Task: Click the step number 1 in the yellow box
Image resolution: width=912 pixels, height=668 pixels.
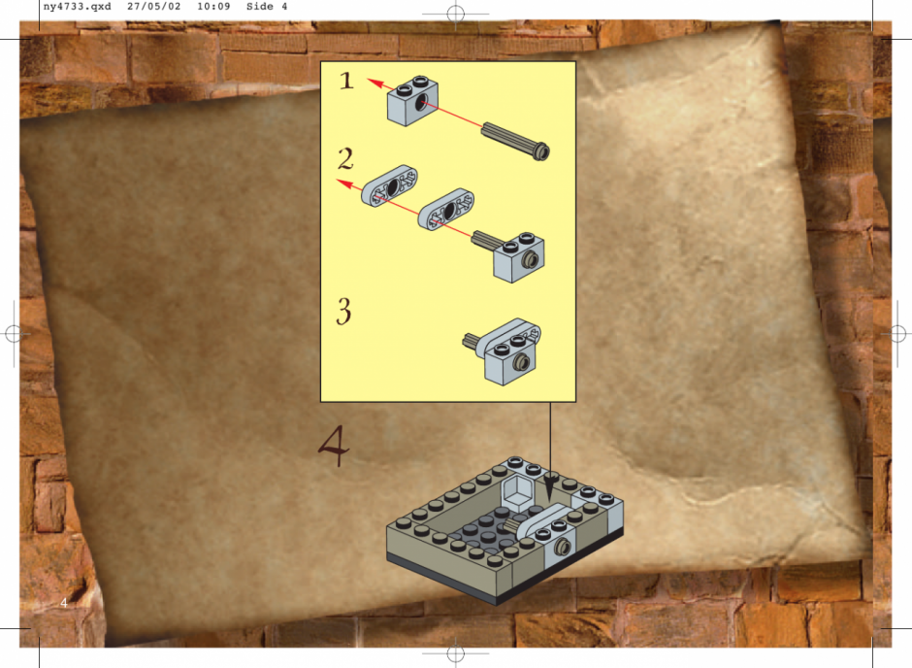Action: [x=346, y=81]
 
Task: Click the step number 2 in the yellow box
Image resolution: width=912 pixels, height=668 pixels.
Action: [x=345, y=158]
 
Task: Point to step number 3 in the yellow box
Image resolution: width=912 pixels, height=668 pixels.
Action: [x=343, y=311]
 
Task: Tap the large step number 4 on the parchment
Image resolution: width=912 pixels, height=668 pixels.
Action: [x=334, y=446]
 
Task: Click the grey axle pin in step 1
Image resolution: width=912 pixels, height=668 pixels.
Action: [x=516, y=138]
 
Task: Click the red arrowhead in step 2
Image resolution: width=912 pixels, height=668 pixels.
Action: [x=345, y=184]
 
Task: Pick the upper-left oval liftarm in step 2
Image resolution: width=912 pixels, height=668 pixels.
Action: [x=389, y=185]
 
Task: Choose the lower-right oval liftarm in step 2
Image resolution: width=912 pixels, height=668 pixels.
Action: [x=446, y=210]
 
